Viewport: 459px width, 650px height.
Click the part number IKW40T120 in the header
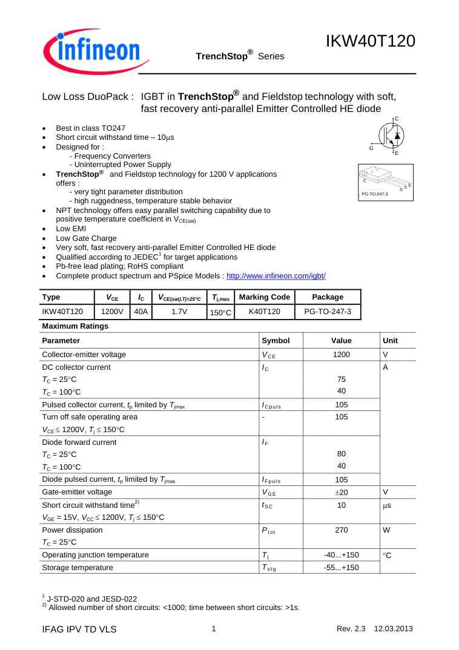point(370,41)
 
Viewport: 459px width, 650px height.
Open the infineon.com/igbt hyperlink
point(276,275)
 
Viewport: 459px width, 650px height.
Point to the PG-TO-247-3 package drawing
point(385,180)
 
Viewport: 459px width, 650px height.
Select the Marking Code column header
point(265,297)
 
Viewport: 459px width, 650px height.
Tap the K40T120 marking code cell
point(265,312)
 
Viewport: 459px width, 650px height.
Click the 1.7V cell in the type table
point(179,312)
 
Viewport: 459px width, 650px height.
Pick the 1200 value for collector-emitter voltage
point(342,355)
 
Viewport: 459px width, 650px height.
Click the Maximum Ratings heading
point(75,326)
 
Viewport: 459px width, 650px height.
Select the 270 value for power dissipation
point(342,530)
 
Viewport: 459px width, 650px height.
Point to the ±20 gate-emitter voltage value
point(342,492)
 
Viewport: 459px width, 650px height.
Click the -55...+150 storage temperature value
point(342,567)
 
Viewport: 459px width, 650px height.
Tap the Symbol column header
point(276,341)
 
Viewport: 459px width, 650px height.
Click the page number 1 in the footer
point(214,629)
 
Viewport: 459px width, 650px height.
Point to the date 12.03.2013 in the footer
point(394,629)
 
